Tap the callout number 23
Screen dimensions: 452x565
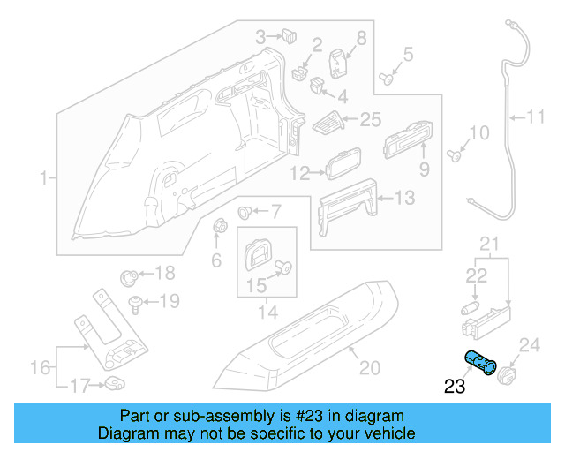(x=455, y=386)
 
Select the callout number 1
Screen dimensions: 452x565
(x=42, y=179)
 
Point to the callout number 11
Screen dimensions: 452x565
(x=537, y=116)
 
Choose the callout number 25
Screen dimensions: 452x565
(x=371, y=119)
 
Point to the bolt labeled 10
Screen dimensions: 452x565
(x=455, y=155)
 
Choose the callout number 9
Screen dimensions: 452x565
(x=424, y=167)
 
